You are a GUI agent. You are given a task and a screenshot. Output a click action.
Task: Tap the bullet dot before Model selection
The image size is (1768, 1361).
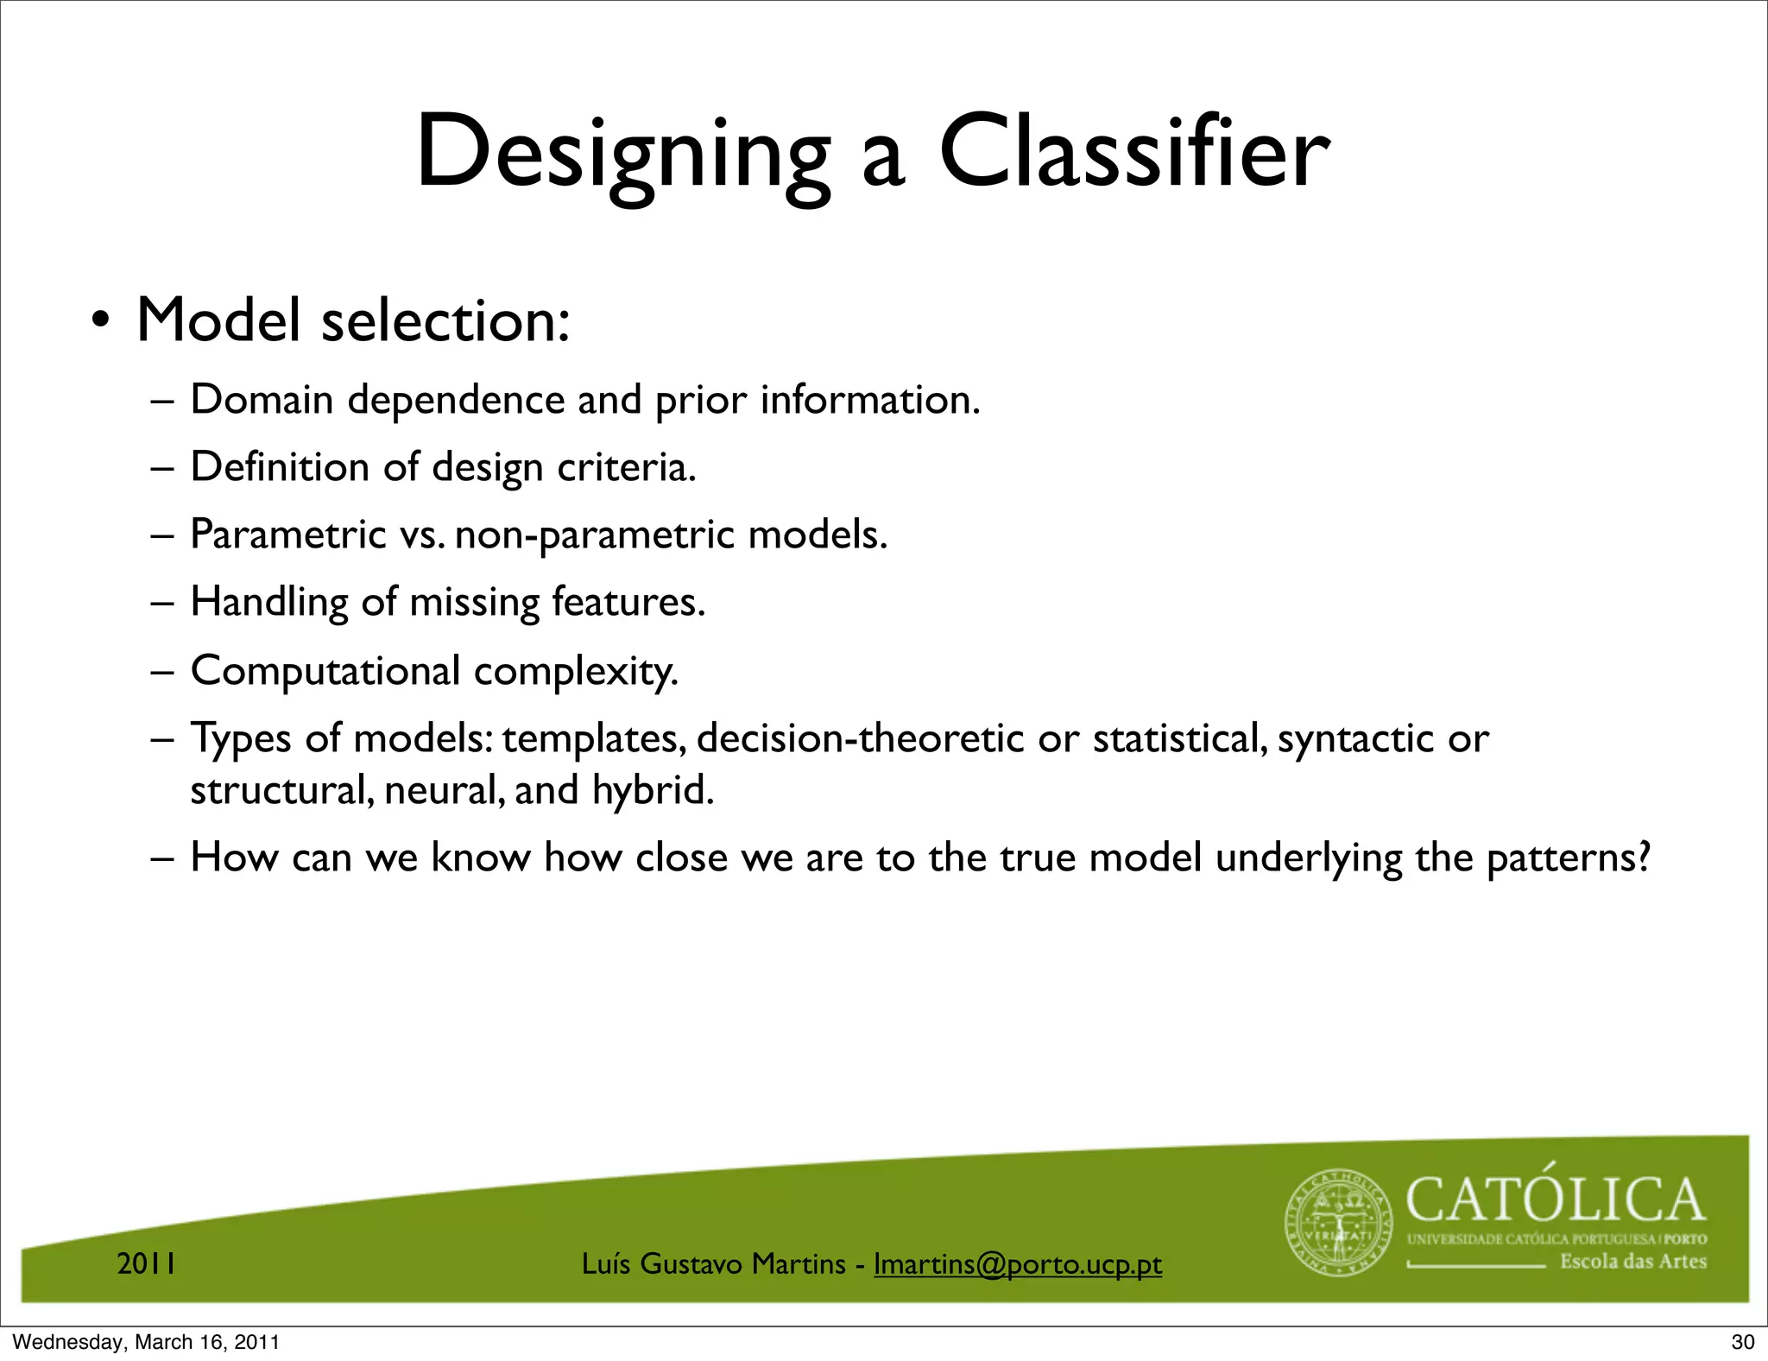click(101, 321)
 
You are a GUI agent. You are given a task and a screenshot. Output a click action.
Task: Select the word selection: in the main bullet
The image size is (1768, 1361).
click(445, 321)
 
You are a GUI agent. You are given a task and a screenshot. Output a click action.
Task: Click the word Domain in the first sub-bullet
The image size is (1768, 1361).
click(262, 400)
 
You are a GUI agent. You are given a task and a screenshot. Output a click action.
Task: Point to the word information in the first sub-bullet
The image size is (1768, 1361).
click(869, 400)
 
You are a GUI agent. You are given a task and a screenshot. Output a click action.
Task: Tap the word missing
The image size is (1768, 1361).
click(474, 602)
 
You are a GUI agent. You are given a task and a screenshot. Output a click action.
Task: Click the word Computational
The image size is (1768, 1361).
click(325, 671)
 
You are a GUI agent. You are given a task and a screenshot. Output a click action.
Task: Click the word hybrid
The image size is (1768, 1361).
click(653, 790)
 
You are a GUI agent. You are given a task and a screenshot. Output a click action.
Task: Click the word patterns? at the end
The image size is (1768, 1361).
click(1569, 858)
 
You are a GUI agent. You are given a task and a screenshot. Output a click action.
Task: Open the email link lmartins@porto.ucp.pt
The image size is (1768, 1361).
click(1017, 1264)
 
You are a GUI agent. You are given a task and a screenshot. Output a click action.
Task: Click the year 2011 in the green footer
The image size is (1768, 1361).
click(147, 1264)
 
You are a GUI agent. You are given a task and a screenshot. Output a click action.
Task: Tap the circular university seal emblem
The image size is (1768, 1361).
click(1339, 1223)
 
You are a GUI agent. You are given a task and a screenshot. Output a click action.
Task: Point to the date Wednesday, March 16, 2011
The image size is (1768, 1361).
click(146, 1342)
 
